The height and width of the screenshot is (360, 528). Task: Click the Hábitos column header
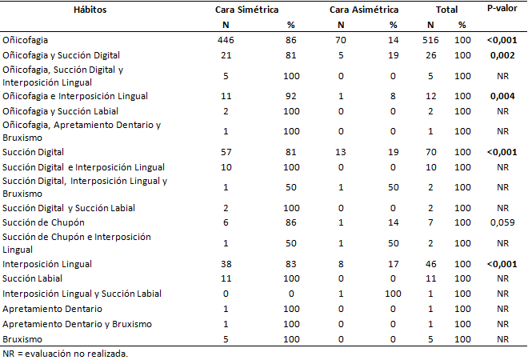(x=90, y=10)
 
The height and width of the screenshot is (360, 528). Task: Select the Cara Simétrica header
(x=247, y=10)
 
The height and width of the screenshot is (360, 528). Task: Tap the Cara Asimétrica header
(x=364, y=10)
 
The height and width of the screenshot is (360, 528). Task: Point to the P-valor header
(x=502, y=9)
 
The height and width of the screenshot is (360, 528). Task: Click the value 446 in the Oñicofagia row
(x=226, y=40)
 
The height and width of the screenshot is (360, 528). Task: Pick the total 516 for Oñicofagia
(x=430, y=40)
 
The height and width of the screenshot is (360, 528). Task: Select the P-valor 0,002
(x=502, y=55)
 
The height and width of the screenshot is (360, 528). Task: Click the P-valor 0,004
(x=502, y=96)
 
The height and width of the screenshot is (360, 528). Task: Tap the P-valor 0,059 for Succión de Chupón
(x=502, y=222)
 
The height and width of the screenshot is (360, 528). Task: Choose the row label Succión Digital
(x=33, y=152)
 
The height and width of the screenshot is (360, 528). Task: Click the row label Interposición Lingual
(x=47, y=264)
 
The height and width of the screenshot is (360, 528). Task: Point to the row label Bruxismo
(x=22, y=339)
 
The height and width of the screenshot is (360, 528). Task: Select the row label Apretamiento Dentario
(x=52, y=309)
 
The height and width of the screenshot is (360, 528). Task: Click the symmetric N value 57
(x=226, y=152)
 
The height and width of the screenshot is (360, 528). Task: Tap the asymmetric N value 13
(x=341, y=152)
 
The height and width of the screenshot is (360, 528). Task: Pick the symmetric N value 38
(x=226, y=264)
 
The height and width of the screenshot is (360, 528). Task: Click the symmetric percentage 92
(x=291, y=96)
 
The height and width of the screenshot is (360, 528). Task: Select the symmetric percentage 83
(x=291, y=264)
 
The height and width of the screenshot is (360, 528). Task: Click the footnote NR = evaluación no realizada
(x=66, y=354)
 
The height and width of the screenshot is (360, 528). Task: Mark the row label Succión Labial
(x=32, y=278)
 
